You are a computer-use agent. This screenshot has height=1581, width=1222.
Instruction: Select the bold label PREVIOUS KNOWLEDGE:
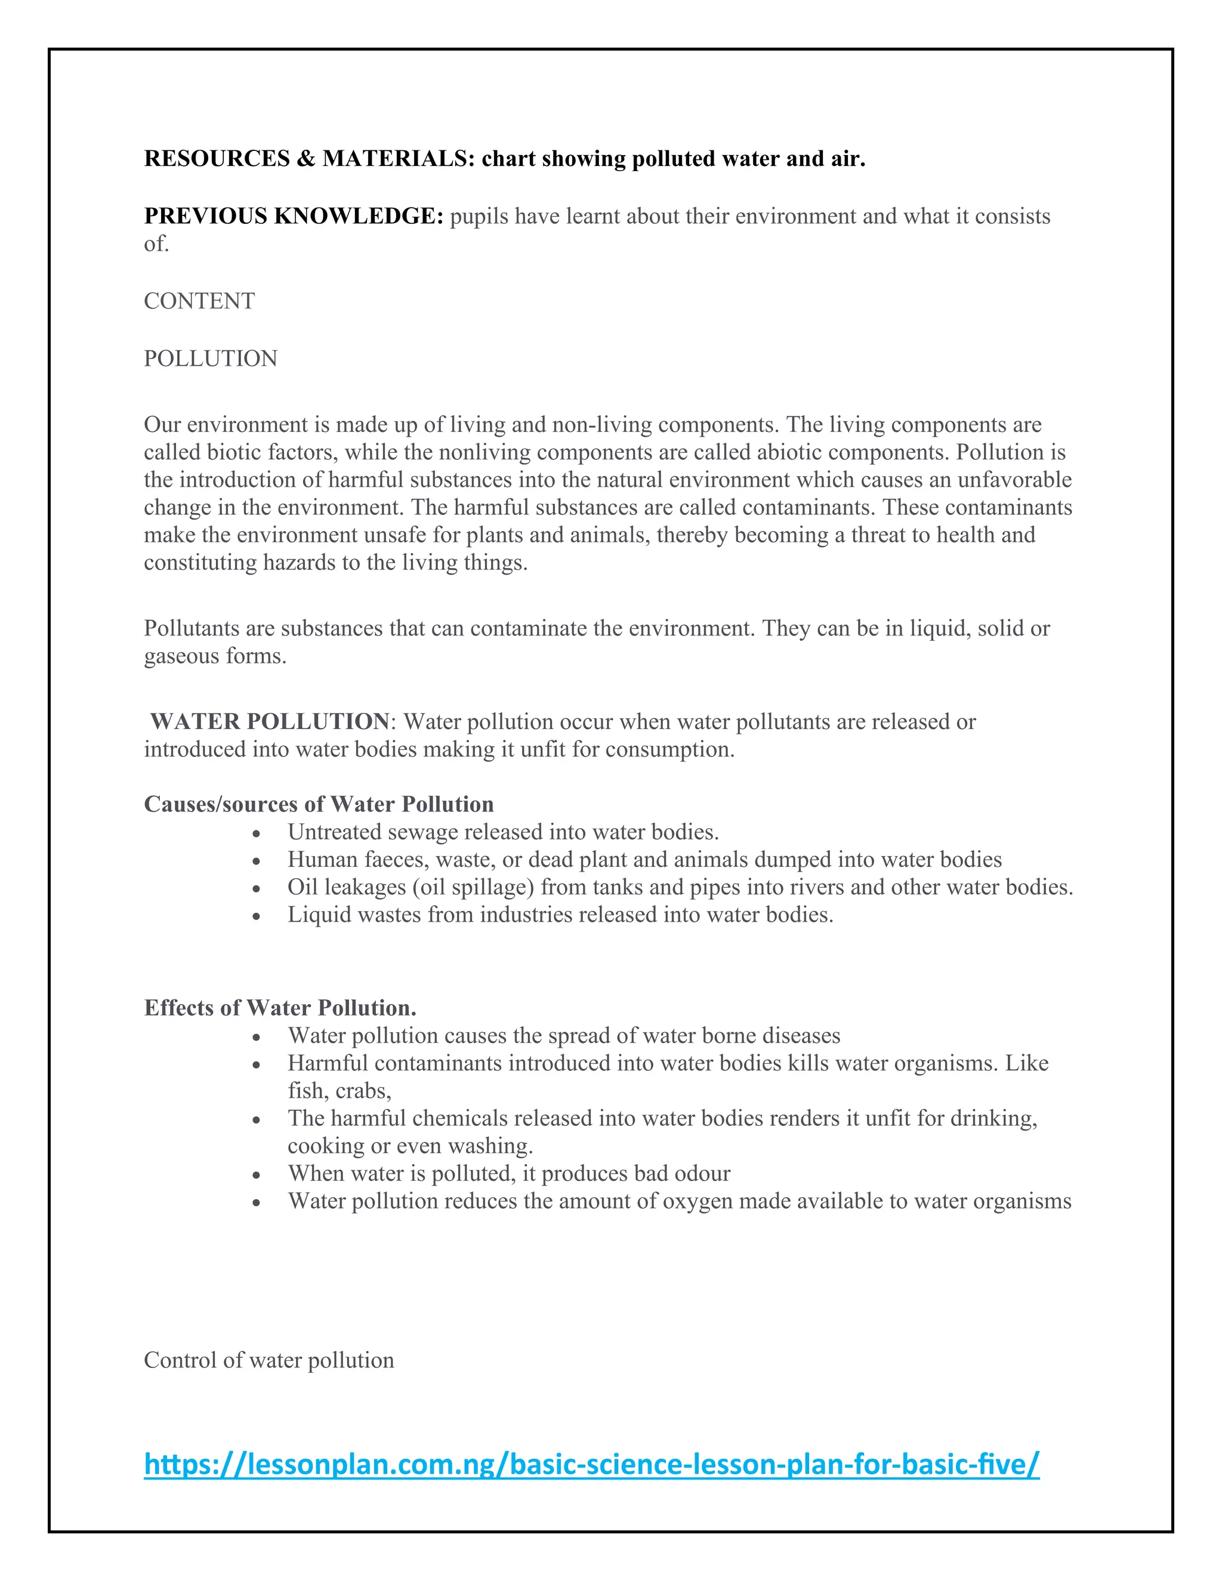(293, 216)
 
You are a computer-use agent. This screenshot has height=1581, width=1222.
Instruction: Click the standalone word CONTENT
(199, 301)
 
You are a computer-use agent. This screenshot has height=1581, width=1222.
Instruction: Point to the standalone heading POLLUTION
(211, 359)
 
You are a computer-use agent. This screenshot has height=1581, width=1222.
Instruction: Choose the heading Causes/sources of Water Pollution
(319, 804)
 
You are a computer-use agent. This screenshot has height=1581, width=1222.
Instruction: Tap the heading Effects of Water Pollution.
(280, 1008)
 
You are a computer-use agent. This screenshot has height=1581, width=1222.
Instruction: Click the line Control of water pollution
(269, 1360)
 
